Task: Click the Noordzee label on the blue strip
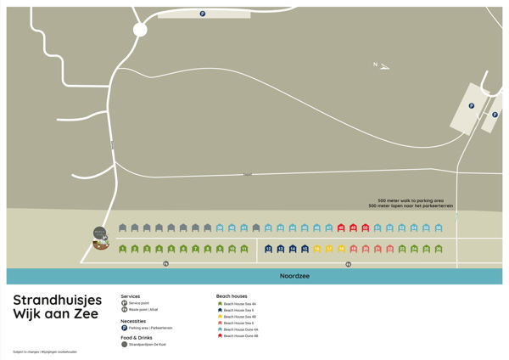[x=292, y=277]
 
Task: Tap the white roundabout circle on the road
[x=140, y=30]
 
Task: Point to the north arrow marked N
[x=380, y=65]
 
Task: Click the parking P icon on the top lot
[x=202, y=14]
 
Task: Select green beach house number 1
[x=123, y=249]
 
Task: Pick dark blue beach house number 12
[x=268, y=249]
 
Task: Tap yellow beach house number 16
[x=317, y=249]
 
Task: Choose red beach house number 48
[x=341, y=228]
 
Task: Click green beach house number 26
[x=439, y=249]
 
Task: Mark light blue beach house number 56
[x=439, y=228]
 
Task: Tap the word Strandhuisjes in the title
[x=57, y=300]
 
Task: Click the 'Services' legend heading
[x=131, y=296]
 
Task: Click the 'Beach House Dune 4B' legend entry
[x=240, y=336]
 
